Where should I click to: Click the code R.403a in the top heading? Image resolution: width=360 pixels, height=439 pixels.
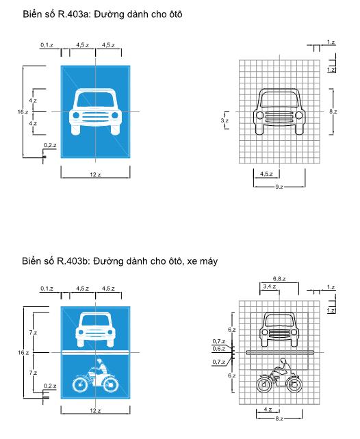pos(73,14)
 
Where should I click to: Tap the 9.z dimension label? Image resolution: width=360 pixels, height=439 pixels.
pos(279,187)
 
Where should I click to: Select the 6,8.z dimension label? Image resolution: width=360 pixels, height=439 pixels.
pos(279,278)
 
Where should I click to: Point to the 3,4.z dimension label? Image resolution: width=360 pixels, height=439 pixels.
pos(269,287)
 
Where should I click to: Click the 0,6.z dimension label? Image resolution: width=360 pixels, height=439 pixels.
pos(218,349)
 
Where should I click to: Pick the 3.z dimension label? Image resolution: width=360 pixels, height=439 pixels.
pos(224,120)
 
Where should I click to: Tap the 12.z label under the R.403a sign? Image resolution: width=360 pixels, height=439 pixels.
pos(95,174)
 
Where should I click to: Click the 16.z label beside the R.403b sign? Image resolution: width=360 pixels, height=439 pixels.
pos(23,352)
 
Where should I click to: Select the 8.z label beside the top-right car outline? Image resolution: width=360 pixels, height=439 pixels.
pos(333,111)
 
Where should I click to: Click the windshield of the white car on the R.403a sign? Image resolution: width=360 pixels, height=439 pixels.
pos(95,99)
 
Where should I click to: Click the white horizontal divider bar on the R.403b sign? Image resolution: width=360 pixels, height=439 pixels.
pos(95,352)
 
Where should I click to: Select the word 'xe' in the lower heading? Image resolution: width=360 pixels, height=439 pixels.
pos(192,261)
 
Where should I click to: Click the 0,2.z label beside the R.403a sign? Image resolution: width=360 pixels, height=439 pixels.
pos(50,145)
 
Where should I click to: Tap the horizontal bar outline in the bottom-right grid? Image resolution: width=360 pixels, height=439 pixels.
pos(280,352)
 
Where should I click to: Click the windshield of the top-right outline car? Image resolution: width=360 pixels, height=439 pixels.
pos(279,99)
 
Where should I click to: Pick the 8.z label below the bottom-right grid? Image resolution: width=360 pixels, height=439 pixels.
pos(279,418)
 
